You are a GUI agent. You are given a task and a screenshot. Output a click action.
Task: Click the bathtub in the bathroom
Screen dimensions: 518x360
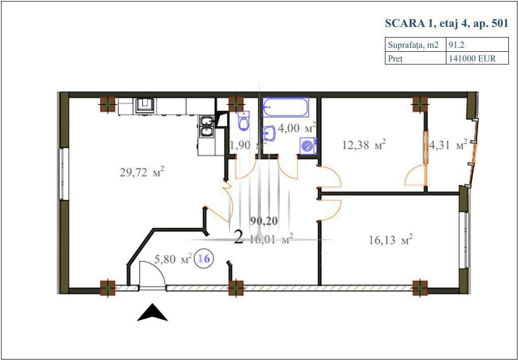285,107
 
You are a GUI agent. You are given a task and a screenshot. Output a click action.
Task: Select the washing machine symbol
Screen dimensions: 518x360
308,146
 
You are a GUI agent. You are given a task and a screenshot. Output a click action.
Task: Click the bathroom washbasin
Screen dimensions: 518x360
269,134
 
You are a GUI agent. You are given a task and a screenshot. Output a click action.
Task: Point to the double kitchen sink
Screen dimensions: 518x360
207,126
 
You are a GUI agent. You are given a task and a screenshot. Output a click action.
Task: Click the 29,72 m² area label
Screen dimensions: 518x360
142,173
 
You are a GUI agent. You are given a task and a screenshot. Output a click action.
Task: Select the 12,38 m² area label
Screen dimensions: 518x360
364,145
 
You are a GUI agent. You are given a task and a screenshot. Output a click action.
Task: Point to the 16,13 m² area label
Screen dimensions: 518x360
391,240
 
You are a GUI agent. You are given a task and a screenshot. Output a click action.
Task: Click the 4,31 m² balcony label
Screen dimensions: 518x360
448,144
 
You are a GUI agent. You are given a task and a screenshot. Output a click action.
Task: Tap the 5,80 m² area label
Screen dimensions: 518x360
173,259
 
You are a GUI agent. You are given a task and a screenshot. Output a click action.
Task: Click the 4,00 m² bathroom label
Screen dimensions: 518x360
297,128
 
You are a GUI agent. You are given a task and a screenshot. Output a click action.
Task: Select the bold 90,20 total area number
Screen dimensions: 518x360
264,221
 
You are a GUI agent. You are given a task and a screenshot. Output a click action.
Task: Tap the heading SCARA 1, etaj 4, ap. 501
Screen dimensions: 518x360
446,24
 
